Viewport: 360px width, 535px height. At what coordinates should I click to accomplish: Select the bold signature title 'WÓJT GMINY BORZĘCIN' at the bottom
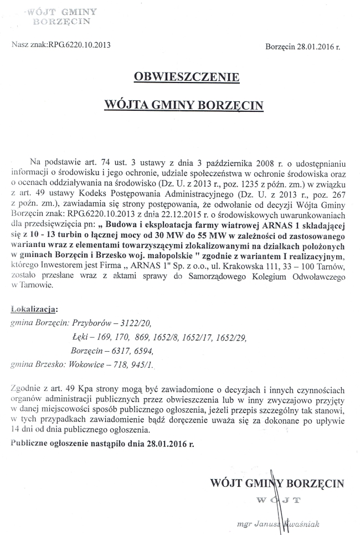[277, 483]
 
